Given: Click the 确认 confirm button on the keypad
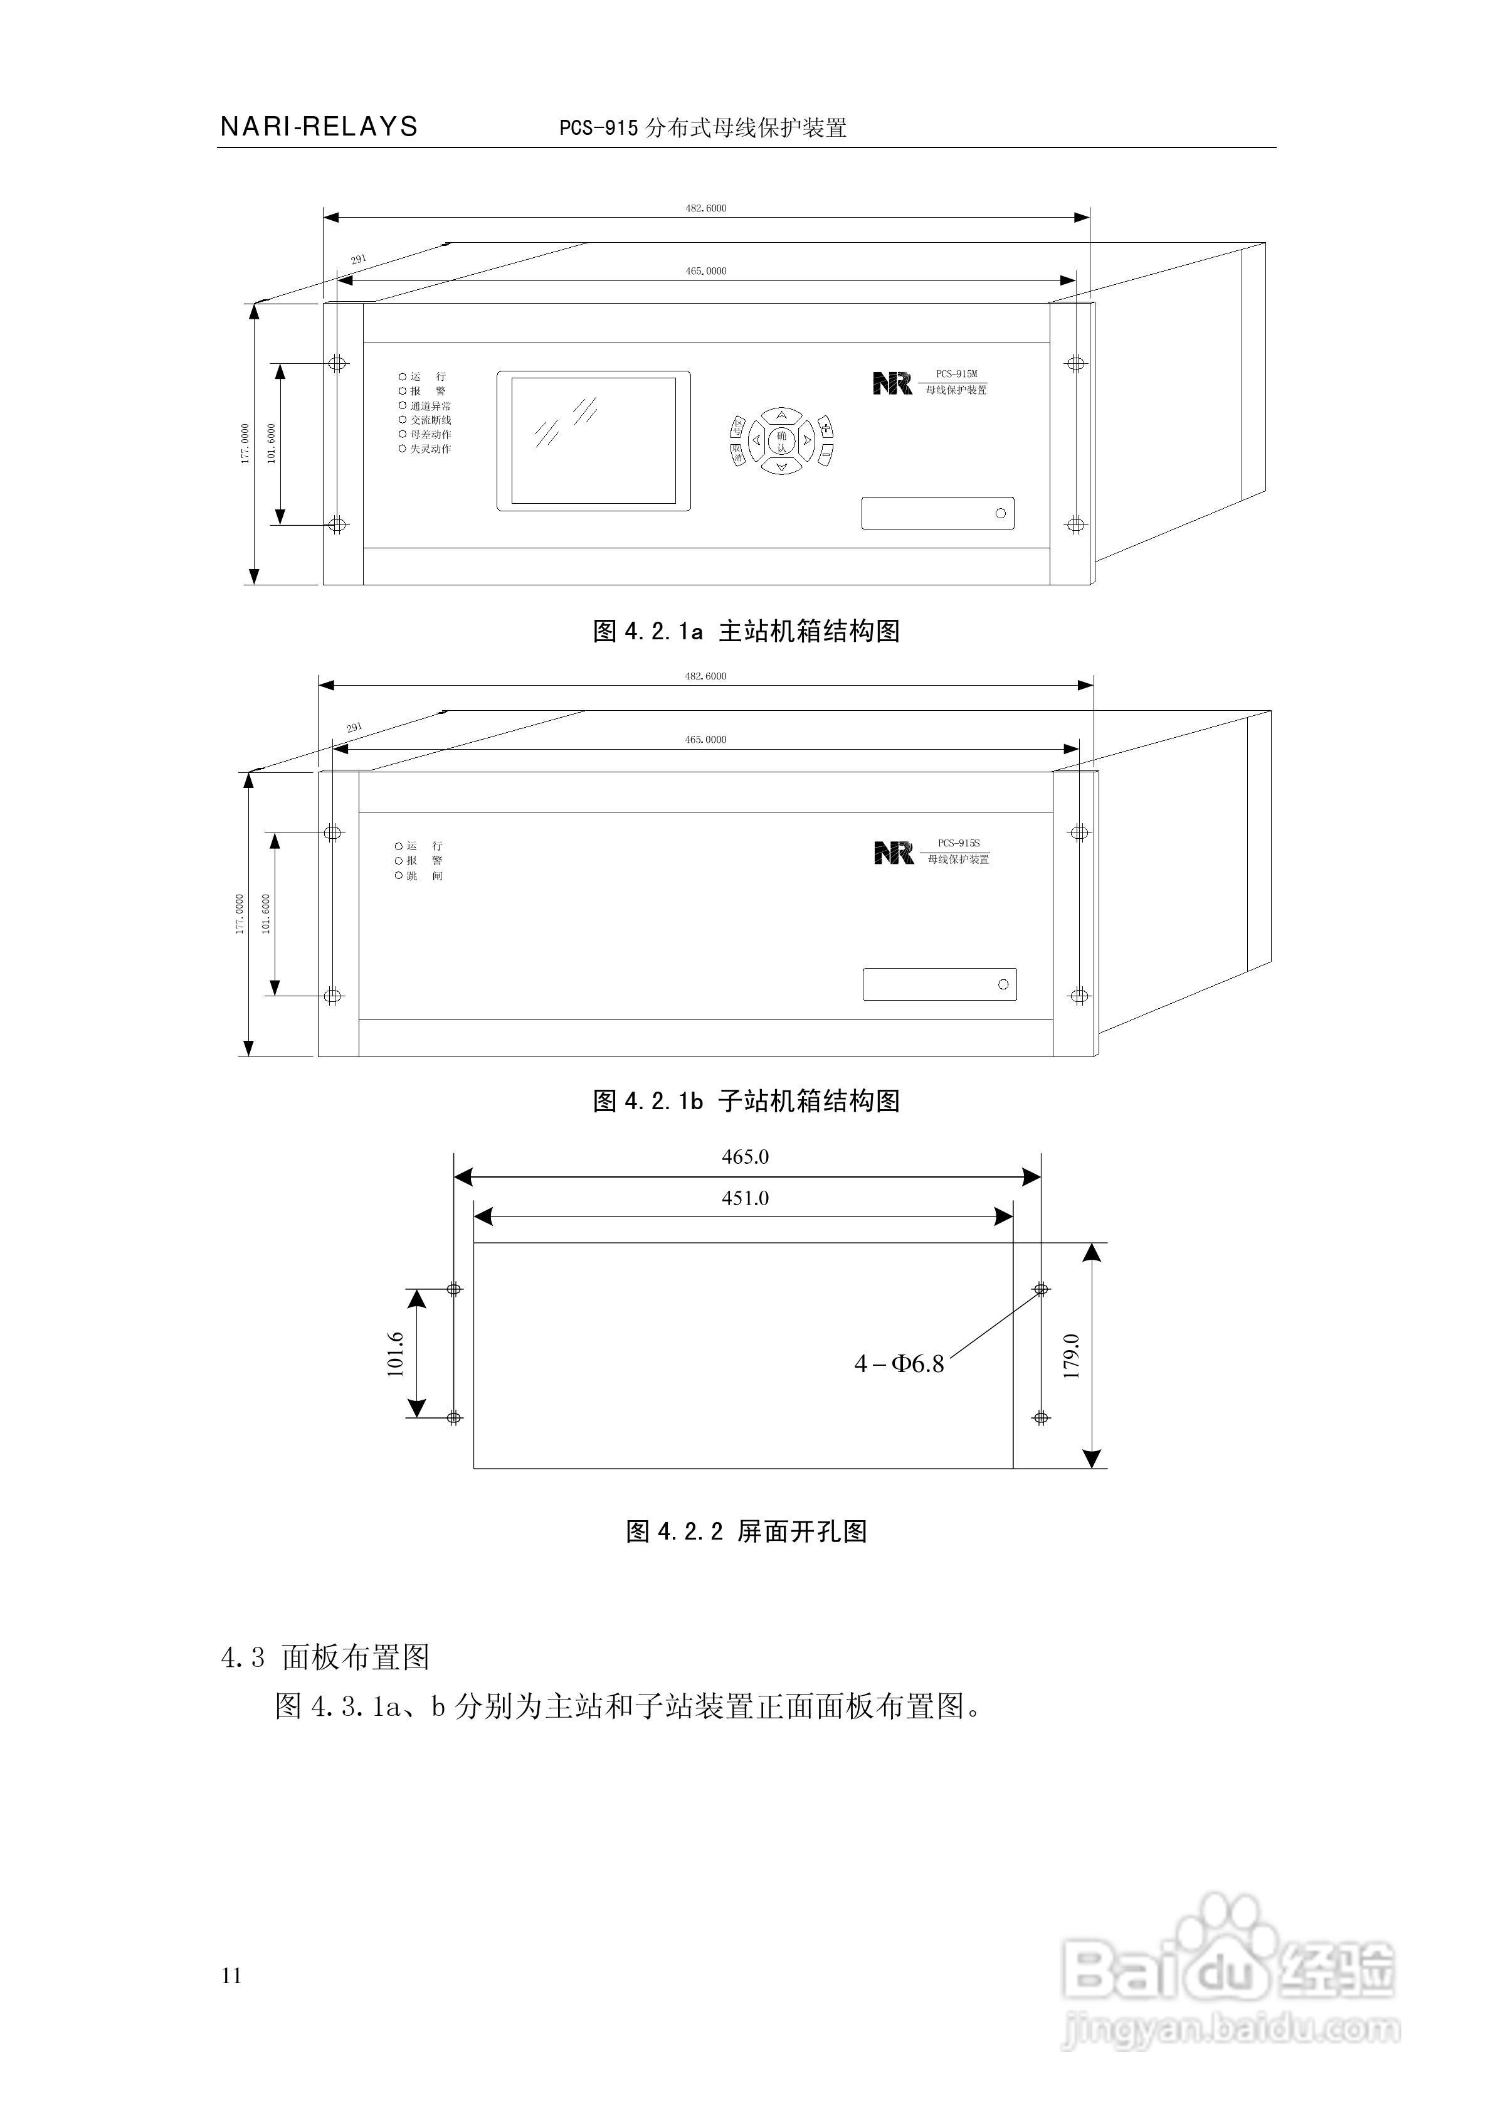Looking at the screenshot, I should (782, 441).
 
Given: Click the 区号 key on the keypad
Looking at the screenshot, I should (738, 427).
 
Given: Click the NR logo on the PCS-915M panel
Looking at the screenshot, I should (892, 383).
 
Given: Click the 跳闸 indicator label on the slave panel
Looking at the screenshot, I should (424, 876).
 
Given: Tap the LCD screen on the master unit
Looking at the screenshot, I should (593, 440).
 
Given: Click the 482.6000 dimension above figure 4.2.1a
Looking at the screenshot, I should (705, 208).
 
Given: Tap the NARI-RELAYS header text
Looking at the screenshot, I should (319, 127).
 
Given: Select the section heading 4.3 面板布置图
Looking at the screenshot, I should (325, 1658).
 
